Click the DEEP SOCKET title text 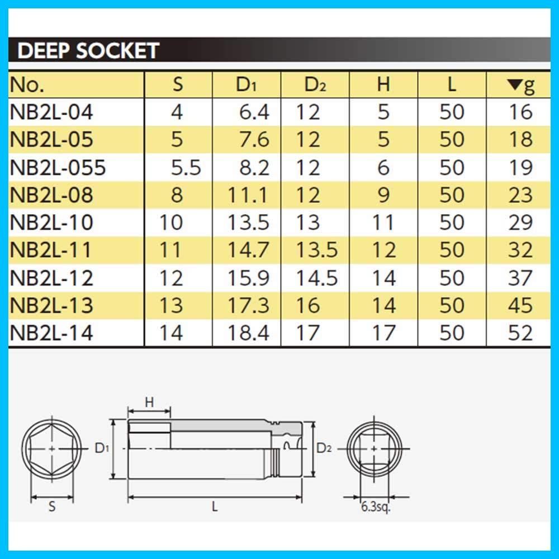click(88, 51)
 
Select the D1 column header click(246, 85)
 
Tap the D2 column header click(315, 85)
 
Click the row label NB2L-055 click(58, 168)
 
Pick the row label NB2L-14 click(51, 333)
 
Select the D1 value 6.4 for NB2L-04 click(254, 112)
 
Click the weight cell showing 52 click(520, 333)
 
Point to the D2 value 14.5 click(316, 278)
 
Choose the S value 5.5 click(186, 168)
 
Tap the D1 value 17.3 click(248, 305)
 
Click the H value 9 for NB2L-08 click(383, 195)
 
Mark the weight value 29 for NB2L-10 click(520, 222)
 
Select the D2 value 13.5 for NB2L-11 click(316, 250)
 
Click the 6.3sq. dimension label click(376, 506)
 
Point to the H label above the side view click(149, 402)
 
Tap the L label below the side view click(215, 506)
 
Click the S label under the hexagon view click(52, 506)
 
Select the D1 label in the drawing click(102, 448)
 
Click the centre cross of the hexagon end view click(52, 448)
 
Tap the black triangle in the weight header click(514, 84)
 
